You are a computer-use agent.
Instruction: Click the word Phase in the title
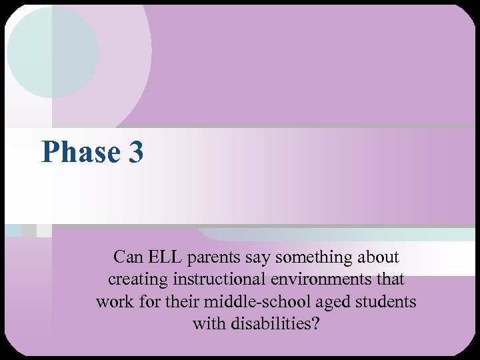click(77, 152)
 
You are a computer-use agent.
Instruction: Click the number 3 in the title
click(133, 152)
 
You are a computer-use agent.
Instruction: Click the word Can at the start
click(126, 257)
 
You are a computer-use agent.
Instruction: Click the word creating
click(137, 279)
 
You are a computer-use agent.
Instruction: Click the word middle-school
click(256, 302)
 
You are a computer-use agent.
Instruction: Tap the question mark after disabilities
click(315, 325)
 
